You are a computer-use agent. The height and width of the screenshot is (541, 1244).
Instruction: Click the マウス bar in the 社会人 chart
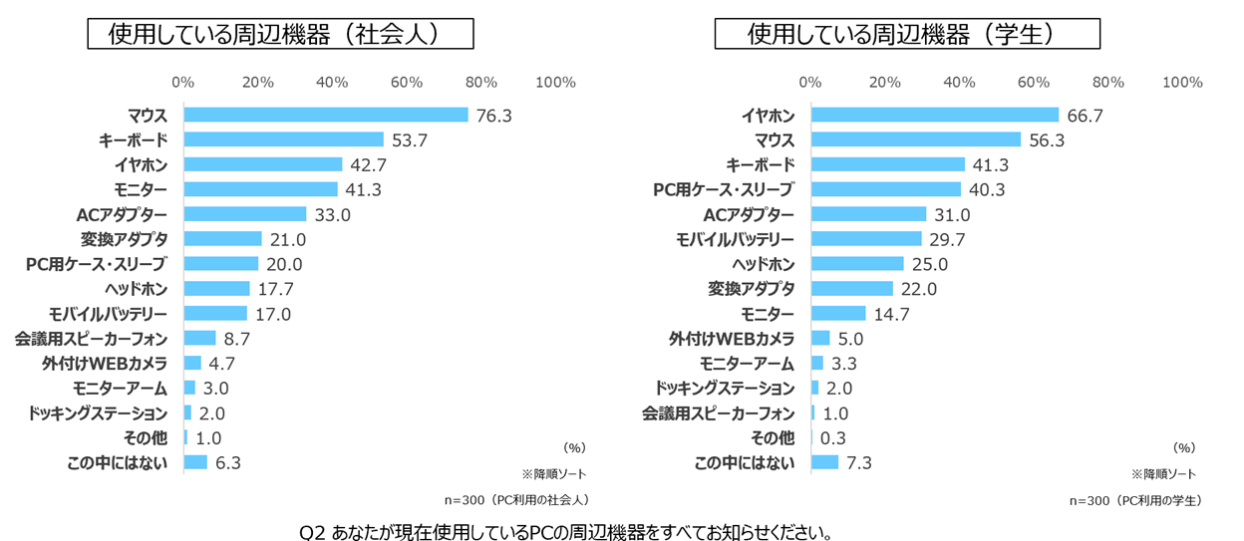[x=325, y=115]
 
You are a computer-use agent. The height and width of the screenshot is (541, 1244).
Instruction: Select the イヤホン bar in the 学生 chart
[x=935, y=115]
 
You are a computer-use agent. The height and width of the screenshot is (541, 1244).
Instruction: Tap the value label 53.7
[x=409, y=140]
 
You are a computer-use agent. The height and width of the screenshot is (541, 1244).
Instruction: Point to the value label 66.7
[x=1085, y=116]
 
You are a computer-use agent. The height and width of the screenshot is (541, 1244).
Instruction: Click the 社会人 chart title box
[x=278, y=34]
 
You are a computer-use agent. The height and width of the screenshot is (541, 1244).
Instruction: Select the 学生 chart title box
[x=907, y=34]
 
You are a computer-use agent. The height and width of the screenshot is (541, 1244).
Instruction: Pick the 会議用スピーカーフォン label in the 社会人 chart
[x=91, y=339]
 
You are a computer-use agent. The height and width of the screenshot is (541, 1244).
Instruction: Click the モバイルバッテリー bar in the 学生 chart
[x=866, y=239]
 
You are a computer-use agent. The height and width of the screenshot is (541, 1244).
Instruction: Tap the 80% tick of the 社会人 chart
[x=481, y=82]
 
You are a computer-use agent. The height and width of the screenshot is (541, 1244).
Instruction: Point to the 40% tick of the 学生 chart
[x=960, y=82]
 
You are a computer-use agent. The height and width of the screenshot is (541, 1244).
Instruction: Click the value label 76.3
[x=493, y=116]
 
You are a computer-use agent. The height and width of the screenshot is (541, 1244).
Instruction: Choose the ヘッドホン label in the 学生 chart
[x=764, y=264]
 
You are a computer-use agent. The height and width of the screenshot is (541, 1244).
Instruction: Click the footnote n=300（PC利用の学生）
[x=1135, y=500]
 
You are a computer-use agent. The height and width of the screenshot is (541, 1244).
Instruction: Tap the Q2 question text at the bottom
[x=565, y=529]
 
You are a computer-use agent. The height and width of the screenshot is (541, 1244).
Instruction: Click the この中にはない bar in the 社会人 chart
[x=195, y=462]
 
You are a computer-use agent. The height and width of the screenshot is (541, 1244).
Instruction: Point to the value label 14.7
[x=892, y=314]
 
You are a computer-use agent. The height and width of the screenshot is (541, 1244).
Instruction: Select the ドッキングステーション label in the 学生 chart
[x=725, y=389]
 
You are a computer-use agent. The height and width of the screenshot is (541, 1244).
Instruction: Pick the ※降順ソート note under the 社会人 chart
[x=553, y=473]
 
